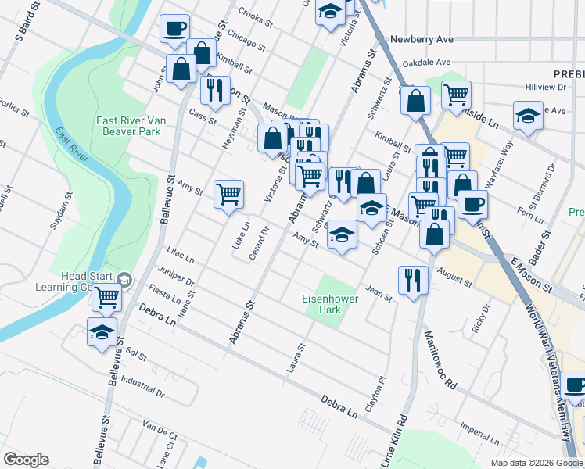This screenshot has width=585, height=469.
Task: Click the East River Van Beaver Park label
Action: [x=128, y=126]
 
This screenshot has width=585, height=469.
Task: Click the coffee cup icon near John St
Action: [x=174, y=29]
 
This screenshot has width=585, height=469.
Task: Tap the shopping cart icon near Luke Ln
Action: [x=228, y=193]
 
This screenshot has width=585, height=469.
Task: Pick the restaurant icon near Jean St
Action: [x=411, y=279]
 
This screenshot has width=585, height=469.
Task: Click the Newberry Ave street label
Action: [x=422, y=38]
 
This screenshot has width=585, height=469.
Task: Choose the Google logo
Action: [x=26, y=460]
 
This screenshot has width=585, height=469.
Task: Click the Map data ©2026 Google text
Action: [x=535, y=463]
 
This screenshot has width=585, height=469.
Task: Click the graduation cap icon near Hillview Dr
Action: [x=528, y=115]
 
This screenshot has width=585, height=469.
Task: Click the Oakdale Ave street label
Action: [x=426, y=63]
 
